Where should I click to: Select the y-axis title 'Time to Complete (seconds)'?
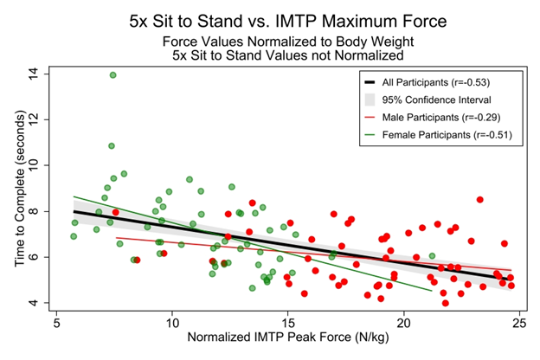tap(19, 189)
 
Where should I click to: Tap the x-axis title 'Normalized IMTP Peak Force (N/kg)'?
tap(287, 344)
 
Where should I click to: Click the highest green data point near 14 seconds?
tap(113, 75)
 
